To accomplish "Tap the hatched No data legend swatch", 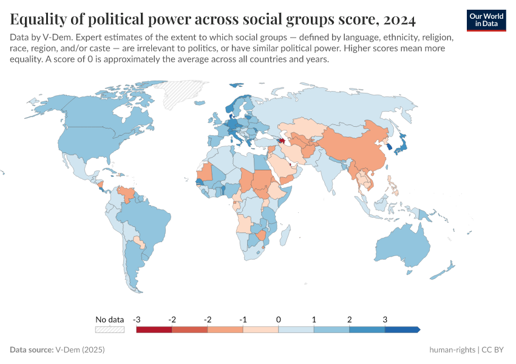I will coord(110,329).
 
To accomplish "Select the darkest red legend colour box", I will coord(154,329).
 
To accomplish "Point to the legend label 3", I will coord(384,319).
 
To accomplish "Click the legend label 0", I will coord(278,319).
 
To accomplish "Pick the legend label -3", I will coord(137,319).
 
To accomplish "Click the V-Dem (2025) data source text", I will coord(80,350).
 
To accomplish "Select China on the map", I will coord(358,149).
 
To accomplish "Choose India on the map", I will coord(331,173).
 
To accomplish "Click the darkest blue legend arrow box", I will coord(402,329).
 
